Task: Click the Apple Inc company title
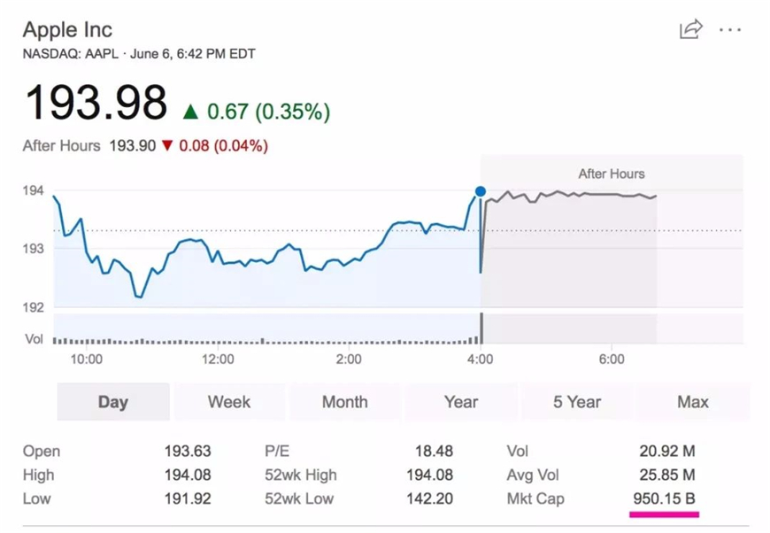(67, 29)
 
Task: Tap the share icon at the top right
(690, 29)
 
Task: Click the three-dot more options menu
(730, 29)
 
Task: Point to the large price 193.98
(96, 104)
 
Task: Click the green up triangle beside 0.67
(190, 112)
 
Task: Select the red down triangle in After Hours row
(167, 145)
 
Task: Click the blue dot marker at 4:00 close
(481, 191)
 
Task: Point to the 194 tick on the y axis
(34, 190)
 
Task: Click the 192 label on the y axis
(34, 307)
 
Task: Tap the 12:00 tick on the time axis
(218, 359)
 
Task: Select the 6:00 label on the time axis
(612, 359)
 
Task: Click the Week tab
(229, 402)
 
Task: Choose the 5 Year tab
(577, 402)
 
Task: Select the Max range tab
(693, 402)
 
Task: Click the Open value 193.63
(188, 451)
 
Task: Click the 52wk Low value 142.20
(430, 498)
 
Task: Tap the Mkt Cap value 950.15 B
(664, 498)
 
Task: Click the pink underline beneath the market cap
(664, 514)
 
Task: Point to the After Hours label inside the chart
(612, 174)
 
